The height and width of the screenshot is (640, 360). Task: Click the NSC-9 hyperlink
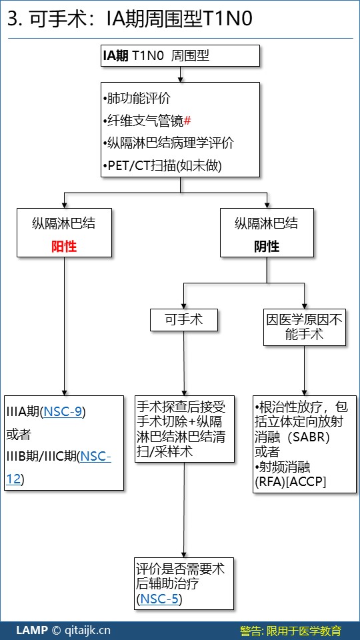(x=63, y=412)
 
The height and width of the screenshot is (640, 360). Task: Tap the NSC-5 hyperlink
(x=159, y=599)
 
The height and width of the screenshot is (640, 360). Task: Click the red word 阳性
(x=64, y=246)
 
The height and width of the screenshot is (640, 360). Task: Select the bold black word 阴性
(x=267, y=246)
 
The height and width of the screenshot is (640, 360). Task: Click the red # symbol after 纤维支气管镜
(x=187, y=121)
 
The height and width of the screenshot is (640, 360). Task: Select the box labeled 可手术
(x=184, y=319)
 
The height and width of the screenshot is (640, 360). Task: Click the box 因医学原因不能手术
(x=305, y=327)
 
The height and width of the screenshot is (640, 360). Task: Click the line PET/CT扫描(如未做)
(x=163, y=166)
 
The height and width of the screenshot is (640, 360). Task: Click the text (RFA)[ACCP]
(x=290, y=481)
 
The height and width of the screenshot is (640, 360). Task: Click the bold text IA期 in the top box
(x=115, y=55)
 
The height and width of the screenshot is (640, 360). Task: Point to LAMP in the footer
(x=32, y=630)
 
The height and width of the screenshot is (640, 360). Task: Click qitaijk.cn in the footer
(x=87, y=631)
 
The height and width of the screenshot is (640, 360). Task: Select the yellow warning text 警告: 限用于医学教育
(x=290, y=631)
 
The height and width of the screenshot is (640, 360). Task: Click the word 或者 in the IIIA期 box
(x=19, y=435)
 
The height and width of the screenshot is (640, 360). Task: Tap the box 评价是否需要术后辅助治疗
(x=184, y=584)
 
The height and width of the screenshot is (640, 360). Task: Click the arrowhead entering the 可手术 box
(x=184, y=306)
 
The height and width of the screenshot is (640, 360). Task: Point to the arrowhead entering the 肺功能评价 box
(x=181, y=79)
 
